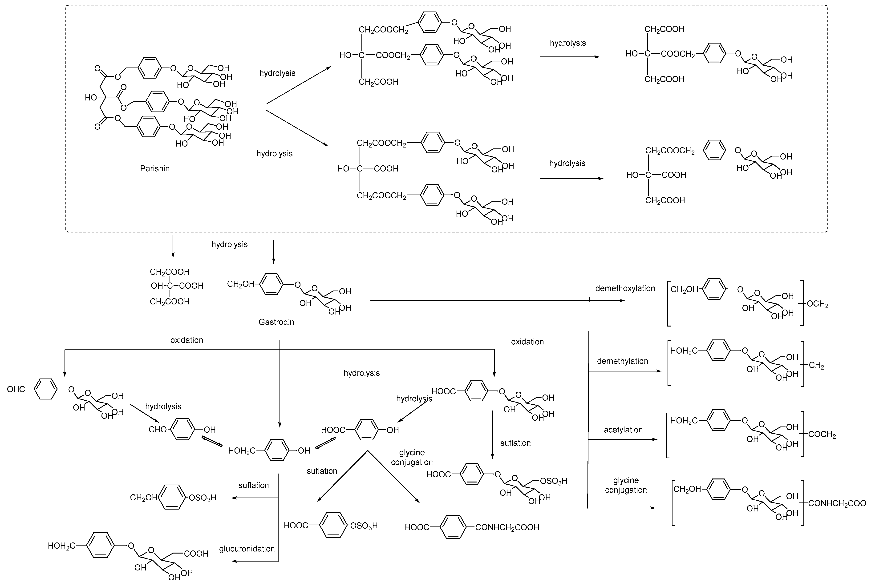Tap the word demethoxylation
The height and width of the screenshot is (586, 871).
click(625, 288)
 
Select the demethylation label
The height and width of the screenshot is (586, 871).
click(622, 361)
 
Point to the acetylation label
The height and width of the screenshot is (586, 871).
click(623, 430)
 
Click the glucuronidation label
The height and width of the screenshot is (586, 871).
click(247, 549)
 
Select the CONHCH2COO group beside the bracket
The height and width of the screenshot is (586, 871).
click(837, 503)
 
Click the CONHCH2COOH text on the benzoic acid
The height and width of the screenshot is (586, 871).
click(507, 527)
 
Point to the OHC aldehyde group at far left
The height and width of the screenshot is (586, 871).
click(16, 389)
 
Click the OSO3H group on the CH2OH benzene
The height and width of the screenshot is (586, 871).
click(202, 498)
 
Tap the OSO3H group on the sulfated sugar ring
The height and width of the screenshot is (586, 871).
click(554, 481)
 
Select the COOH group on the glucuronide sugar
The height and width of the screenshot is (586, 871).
click(196, 554)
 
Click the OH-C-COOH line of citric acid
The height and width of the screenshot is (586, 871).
click(177, 286)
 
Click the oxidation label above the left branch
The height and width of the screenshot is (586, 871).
click(187, 340)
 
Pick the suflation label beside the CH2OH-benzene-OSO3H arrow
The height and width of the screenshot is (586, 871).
click(254, 485)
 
